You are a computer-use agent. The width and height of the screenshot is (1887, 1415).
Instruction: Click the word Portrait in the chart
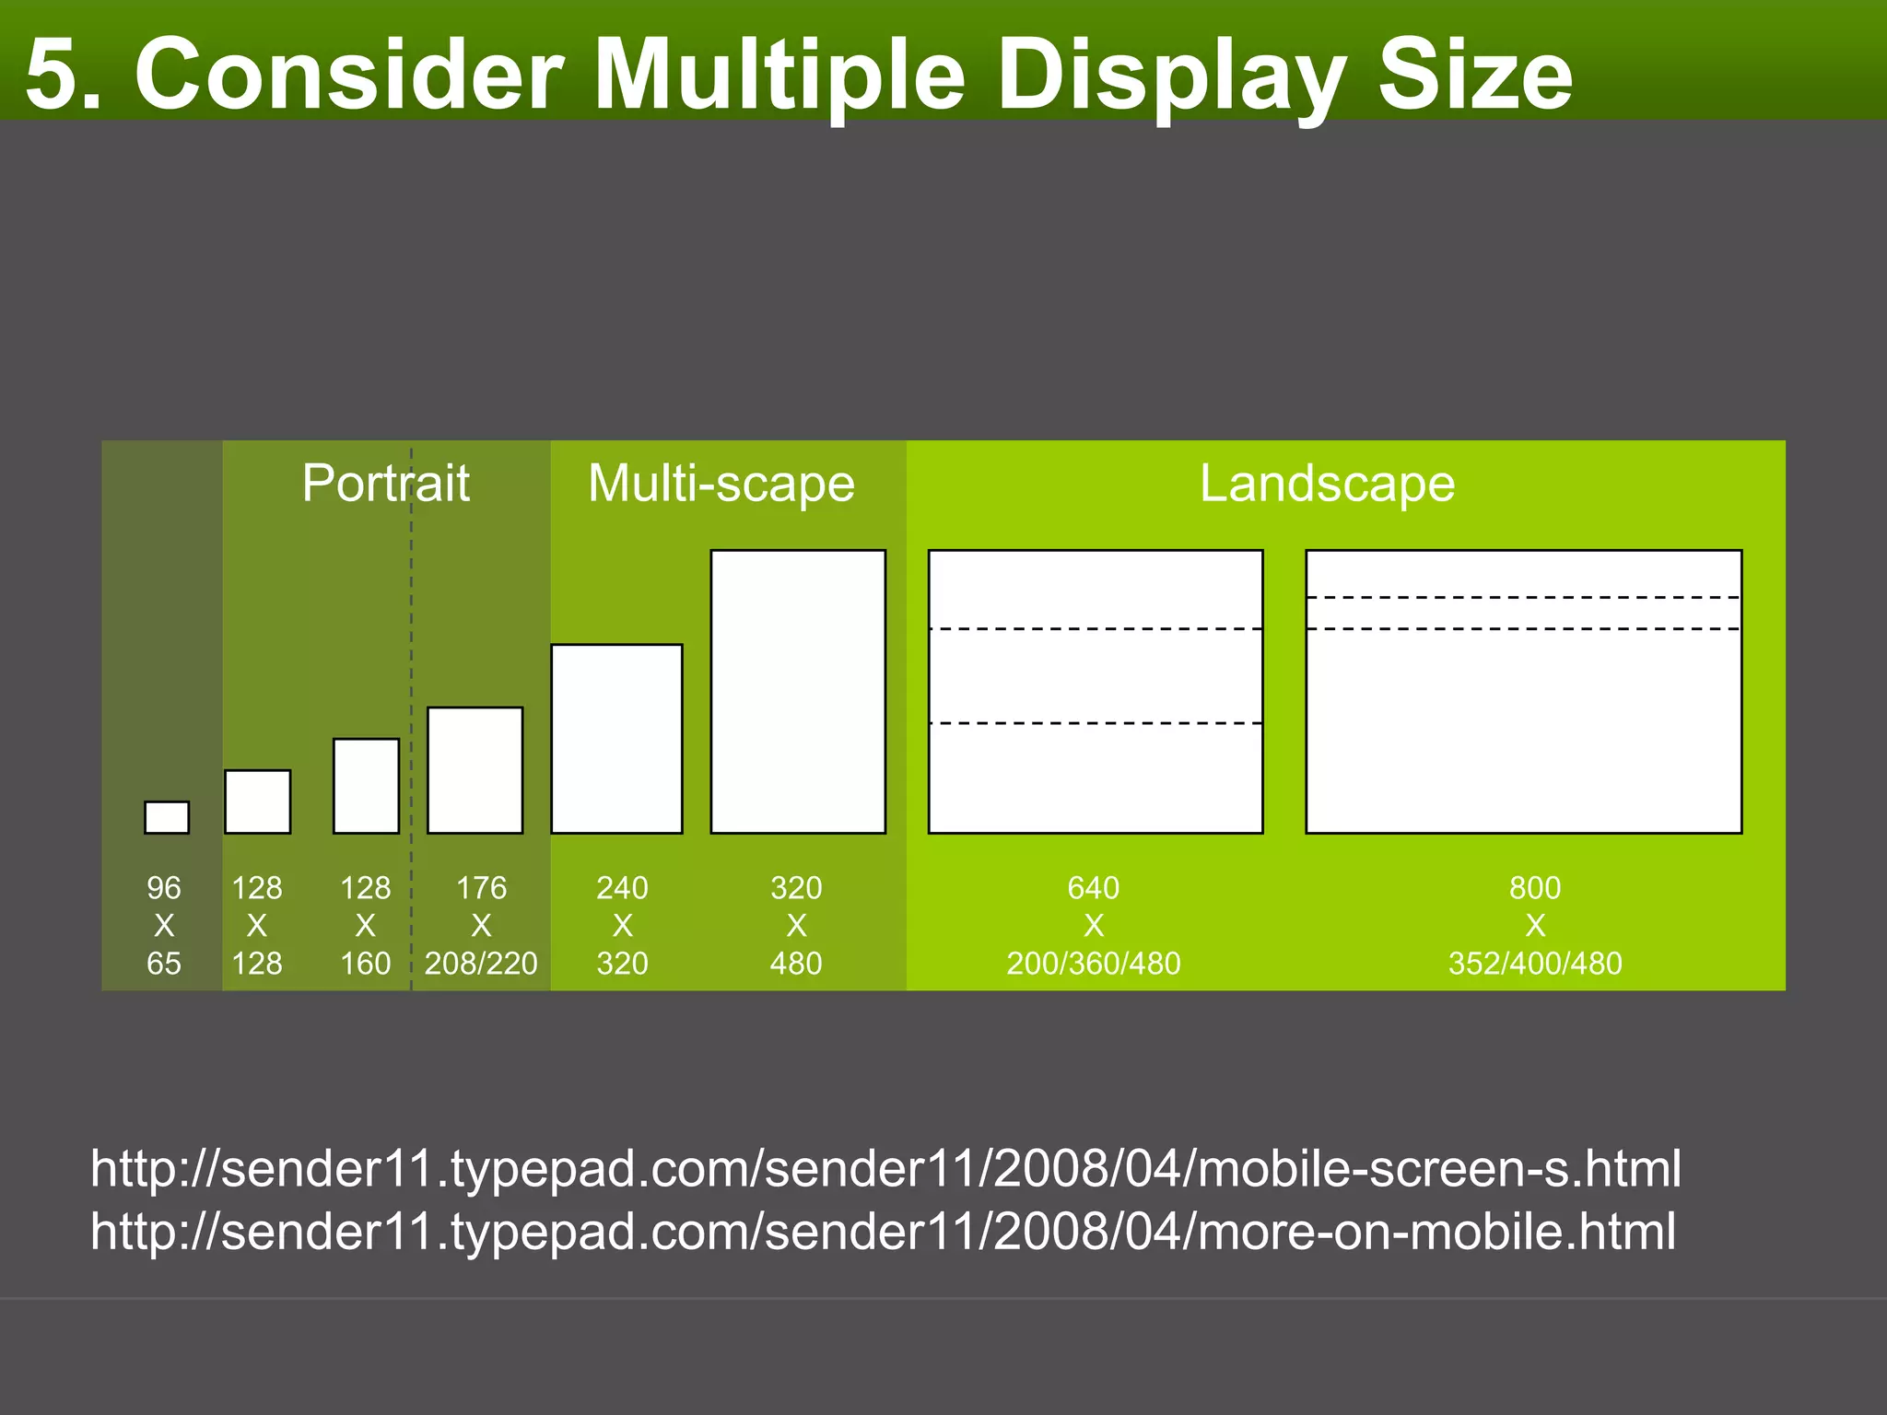[x=385, y=483]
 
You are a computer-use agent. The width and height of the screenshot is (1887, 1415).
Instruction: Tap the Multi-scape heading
[x=721, y=483]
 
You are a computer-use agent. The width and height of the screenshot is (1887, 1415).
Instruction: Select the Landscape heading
[x=1327, y=483]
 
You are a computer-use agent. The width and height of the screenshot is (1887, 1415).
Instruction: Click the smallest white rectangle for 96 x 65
[x=167, y=817]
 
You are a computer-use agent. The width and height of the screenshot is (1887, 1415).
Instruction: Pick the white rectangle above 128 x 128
[x=258, y=801]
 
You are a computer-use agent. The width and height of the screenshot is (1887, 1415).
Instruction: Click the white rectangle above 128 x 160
[x=366, y=786]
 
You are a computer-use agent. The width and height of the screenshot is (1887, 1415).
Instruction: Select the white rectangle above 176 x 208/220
[x=475, y=770]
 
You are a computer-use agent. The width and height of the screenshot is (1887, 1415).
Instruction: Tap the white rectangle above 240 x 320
[x=616, y=739]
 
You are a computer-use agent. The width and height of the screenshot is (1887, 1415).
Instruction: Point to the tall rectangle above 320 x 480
[x=798, y=692]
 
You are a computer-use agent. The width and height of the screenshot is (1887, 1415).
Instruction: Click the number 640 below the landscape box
[x=1094, y=888]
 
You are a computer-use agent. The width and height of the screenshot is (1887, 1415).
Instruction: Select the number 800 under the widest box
[x=1535, y=888]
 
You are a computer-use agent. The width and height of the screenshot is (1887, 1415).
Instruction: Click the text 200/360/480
[x=1094, y=964]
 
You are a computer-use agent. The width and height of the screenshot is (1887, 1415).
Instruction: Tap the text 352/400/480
[x=1535, y=964]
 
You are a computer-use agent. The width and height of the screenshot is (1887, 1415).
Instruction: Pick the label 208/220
[x=481, y=964]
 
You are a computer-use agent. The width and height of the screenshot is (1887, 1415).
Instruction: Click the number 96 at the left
[x=164, y=888]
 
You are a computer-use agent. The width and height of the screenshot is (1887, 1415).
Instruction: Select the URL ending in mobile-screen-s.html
[x=885, y=1168]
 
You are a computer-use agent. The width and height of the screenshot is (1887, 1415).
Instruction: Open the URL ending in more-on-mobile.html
[x=883, y=1232]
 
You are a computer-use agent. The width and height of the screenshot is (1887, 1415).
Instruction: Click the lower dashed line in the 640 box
[x=1096, y=723]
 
